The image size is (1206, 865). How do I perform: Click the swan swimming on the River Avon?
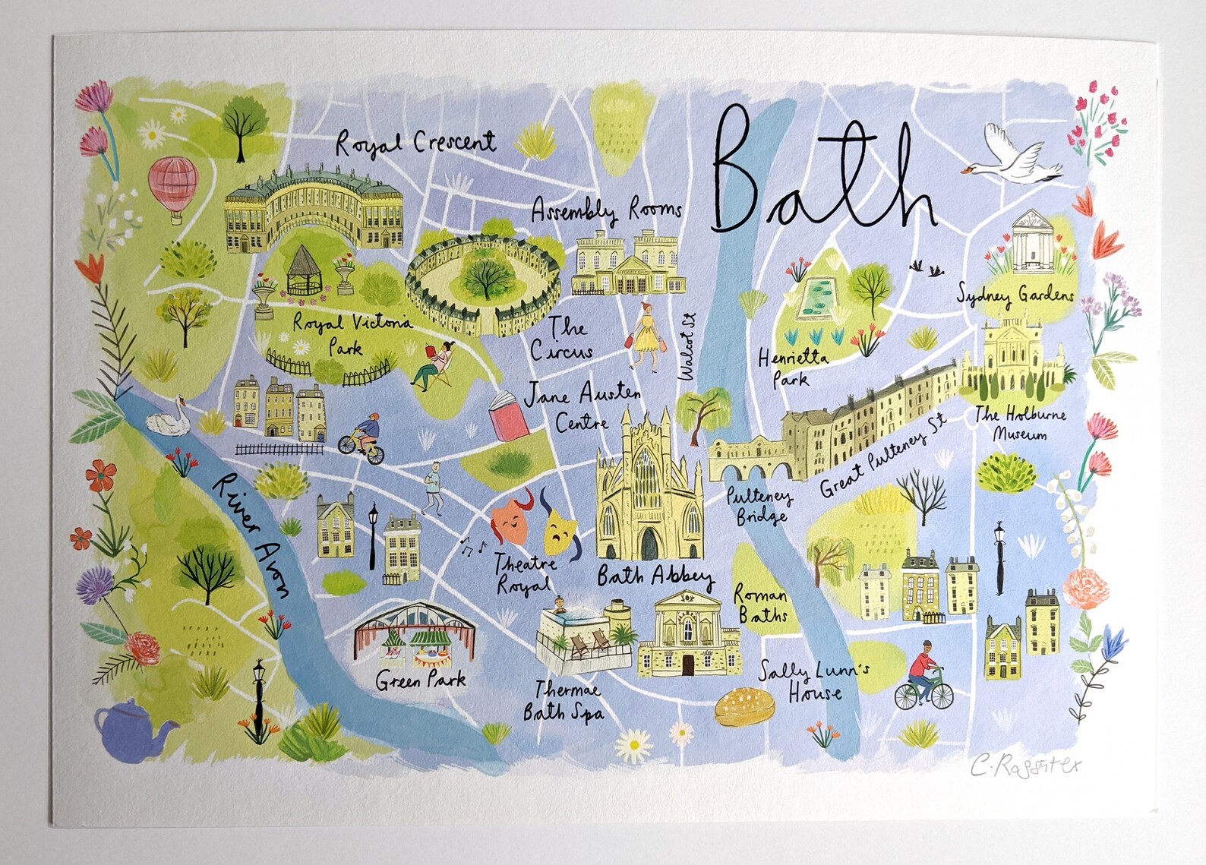[x=169, y=417]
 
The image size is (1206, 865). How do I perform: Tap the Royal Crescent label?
[x=416, y=142]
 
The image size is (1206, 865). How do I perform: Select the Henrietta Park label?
[x=792, y=368]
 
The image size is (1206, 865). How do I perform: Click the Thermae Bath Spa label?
[x=563, y=701]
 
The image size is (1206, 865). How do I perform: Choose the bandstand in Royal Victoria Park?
[x=304, y=271]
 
